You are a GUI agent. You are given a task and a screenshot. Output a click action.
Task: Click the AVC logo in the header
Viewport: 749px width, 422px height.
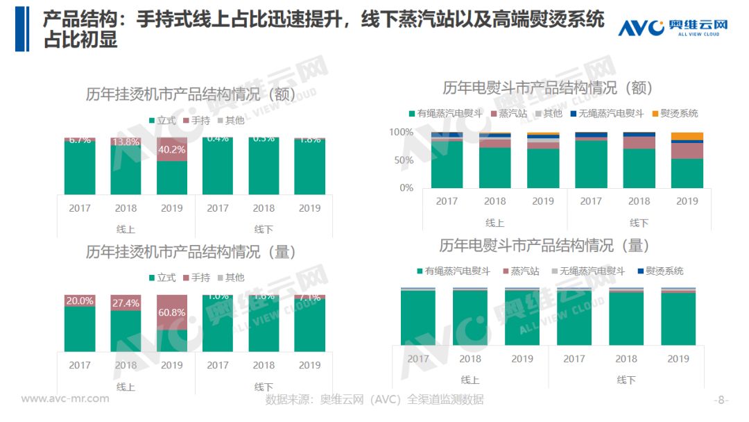[x=673, y=27]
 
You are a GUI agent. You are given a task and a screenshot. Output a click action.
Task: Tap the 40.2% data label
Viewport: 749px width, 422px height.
[x=171, y=149]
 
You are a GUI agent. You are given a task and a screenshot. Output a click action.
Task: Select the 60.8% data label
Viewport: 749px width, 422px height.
[x=171, y=312]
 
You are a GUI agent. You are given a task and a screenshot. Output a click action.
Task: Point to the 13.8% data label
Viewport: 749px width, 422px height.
[x=126, y=142]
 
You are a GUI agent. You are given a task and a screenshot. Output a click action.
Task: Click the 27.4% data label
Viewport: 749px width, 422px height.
[x=126, y=303]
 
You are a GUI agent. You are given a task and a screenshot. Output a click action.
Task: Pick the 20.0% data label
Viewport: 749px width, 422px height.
[x=79, y=301]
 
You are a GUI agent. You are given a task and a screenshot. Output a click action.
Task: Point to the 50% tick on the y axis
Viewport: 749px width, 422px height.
[x=404, y=160]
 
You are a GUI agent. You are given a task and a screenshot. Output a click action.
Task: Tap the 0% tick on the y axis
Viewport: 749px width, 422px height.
[x=406, y=188]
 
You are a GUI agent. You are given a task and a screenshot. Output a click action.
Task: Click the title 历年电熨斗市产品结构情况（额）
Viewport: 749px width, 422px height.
[x=548, y=88]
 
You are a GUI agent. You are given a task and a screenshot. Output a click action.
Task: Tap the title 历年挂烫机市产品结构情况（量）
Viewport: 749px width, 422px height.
[x=191, y=252]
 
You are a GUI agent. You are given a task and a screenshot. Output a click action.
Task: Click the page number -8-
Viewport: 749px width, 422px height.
[x=721, y=400]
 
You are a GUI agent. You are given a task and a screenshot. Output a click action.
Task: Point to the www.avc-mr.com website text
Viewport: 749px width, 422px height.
[x=65, y=398]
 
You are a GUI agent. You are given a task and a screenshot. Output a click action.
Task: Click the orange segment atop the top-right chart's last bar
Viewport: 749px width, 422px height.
[x=687, y=136]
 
